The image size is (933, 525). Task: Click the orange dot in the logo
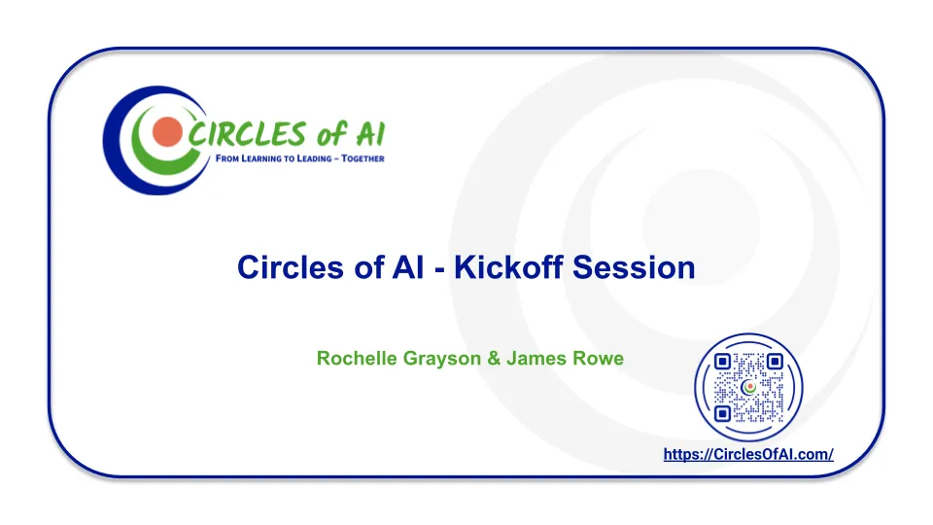point(167,132)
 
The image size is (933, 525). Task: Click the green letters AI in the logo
point(370,134)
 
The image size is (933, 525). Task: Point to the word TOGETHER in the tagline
point(363,158)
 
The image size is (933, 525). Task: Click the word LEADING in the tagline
point(314,158)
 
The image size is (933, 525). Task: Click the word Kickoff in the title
point(508,266)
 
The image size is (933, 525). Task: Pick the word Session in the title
point(634,267)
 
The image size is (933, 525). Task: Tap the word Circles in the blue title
point(291,266)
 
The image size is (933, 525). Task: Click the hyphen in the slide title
point(439,270)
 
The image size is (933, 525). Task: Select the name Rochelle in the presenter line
point(357,358)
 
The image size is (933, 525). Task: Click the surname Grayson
point(442,359)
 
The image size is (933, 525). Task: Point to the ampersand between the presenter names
point(494,359)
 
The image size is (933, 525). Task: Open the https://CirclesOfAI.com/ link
point(748,454)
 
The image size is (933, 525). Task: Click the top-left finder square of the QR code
point(722,362)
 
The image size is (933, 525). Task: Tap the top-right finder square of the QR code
point(775,362)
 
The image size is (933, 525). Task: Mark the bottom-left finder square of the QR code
point(722,413)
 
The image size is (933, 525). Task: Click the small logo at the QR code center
point(748,388)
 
